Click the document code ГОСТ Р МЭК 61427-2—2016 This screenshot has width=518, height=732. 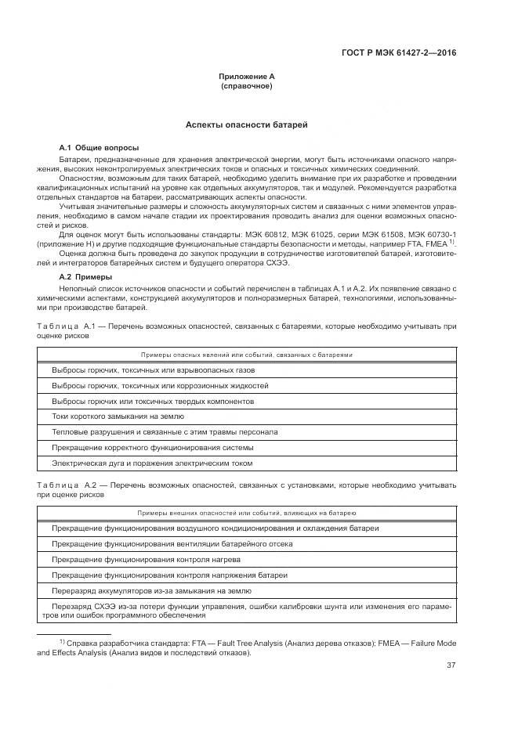pos(399,53)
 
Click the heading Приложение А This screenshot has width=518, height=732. pos(247,76)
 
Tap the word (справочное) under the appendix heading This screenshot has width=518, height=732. pos(247,85)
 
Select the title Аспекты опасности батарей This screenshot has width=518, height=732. pos(247,124)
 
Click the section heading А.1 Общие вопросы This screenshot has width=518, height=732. pos(100,147)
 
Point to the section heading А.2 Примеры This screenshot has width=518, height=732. pos(86,277)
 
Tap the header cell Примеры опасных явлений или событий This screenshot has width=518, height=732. pos(246,355)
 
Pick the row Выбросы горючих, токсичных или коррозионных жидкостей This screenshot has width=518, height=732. pos(160,385)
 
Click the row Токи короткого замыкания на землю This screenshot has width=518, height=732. pos(118,416)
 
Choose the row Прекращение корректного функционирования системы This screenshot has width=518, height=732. pos(152,447)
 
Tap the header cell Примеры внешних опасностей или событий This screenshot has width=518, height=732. pos(246,513)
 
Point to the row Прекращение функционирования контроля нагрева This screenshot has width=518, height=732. pos(146,559)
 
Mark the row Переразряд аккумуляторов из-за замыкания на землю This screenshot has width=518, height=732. pos(151,590)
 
